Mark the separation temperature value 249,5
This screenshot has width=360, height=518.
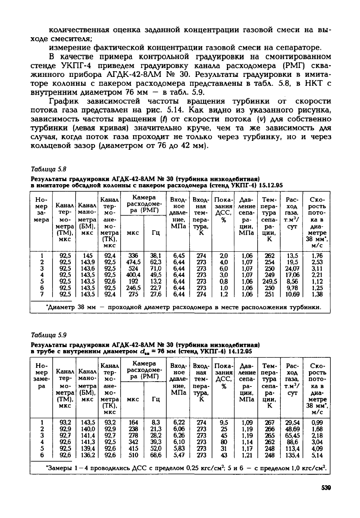269,281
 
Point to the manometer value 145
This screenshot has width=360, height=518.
87,256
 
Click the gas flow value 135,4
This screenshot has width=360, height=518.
291,455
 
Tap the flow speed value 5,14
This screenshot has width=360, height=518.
317,455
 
